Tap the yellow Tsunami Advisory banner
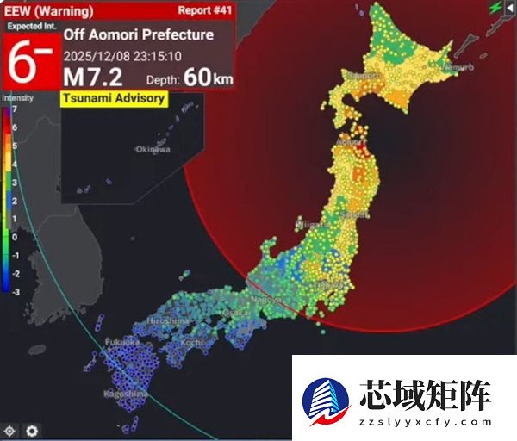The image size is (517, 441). point(113,98)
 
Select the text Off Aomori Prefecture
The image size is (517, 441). point(138,35)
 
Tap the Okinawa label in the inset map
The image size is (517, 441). point(153,149)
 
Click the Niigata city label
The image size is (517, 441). point(311,224)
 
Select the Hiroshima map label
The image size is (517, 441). point(168,320)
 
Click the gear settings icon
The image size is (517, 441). point(32,430)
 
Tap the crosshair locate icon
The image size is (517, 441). point(10,430)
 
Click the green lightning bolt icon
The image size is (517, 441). point(495,8)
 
